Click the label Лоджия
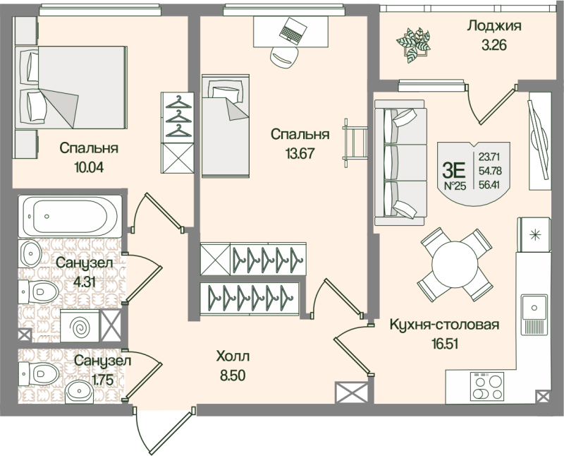tap(493, 27)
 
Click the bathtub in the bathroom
tap(71, 214)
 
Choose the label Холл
tap(233, 356)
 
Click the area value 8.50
tap(233, 375)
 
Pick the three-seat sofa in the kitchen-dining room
tap(400, 163)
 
